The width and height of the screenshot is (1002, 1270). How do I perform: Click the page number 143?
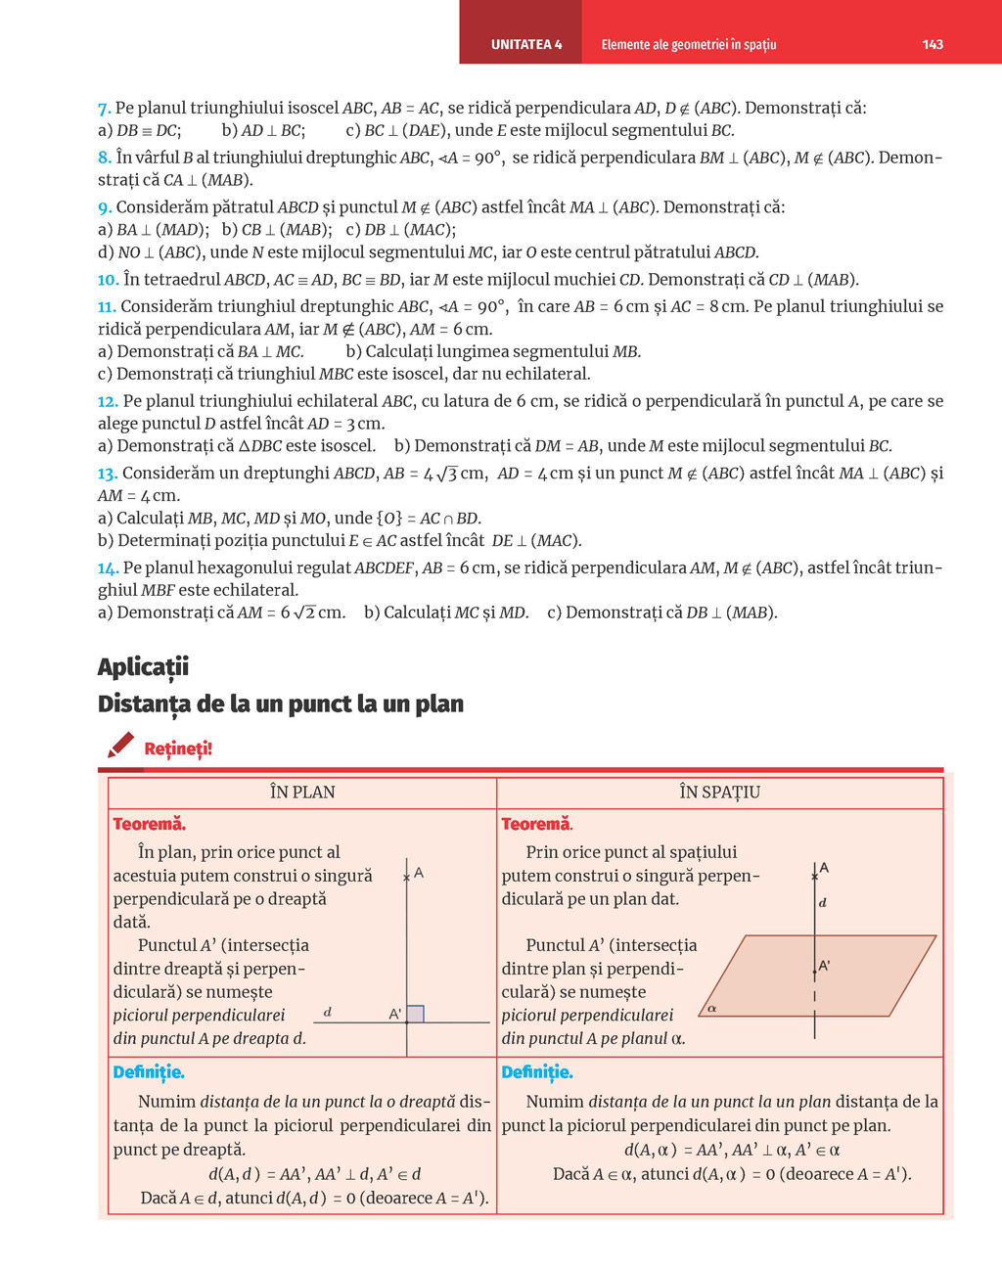coord(932,44)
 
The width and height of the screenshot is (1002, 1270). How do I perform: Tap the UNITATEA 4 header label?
coord(526,44)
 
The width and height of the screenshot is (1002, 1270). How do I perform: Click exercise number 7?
coord(104,109)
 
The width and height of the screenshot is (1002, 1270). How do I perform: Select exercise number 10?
coord(108,280)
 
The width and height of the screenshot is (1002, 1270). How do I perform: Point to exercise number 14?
coord(108,568)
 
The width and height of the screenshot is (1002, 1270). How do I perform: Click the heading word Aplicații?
coord(143,667)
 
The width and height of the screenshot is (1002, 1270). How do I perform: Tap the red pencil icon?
coord(120,746)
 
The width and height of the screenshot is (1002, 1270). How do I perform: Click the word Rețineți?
coord(178,749)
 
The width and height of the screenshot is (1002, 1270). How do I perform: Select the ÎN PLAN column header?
coord(302,793)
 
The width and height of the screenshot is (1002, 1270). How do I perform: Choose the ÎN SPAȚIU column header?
coord(719,793)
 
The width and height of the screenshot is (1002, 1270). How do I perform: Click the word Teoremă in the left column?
coord(149,825)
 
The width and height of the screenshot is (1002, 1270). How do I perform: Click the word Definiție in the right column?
coord(537,1072)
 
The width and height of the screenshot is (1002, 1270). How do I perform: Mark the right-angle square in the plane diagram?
coord(415,1014)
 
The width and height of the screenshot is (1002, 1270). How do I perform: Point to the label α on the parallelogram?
coord(711,1008)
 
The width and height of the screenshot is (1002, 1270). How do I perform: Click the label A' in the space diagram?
coord(824,966)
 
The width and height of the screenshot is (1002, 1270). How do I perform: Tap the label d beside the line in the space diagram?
coord(822,902)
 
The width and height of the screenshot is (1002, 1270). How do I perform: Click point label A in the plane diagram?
coord(419,872)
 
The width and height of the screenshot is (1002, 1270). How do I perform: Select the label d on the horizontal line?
coord(327,1012)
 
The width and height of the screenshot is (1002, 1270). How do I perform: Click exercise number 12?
coord(108,401)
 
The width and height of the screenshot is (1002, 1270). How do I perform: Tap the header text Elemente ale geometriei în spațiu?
coord(688,44)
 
